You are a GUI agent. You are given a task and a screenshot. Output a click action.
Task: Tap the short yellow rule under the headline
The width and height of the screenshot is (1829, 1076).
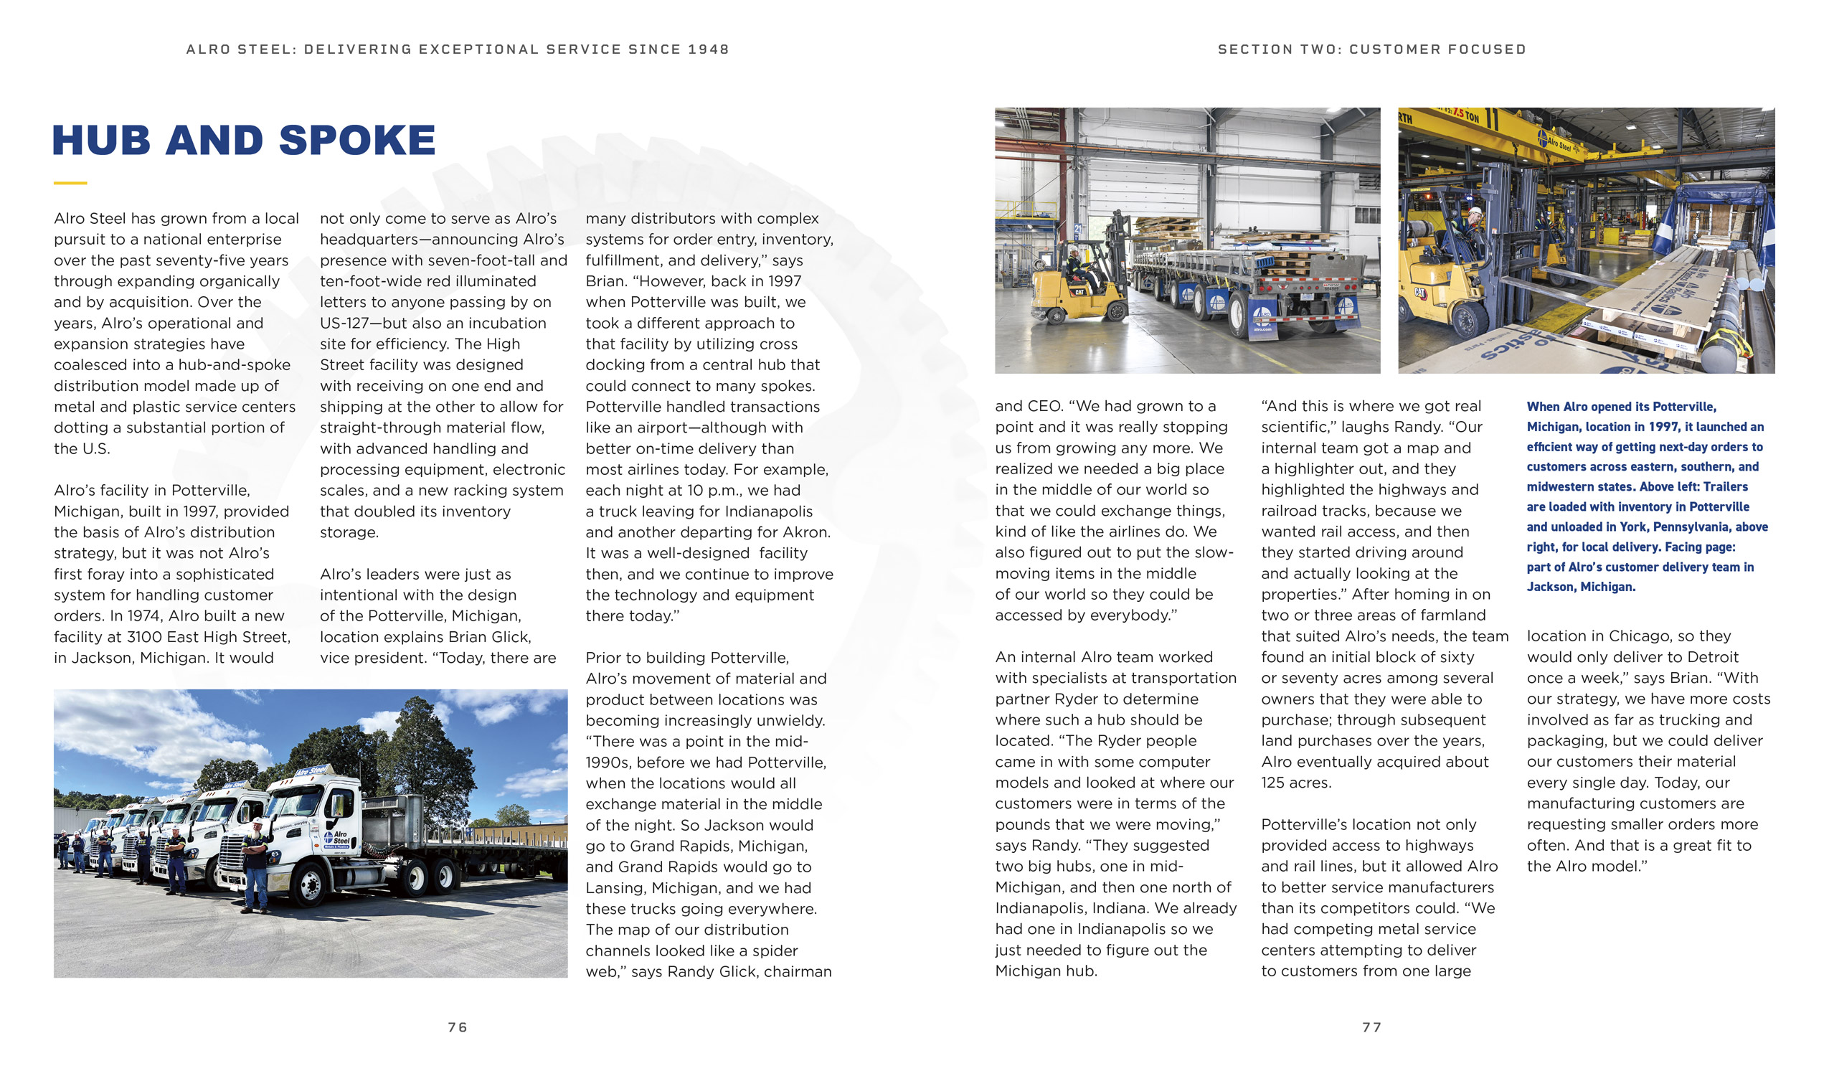click(x=70, y=183)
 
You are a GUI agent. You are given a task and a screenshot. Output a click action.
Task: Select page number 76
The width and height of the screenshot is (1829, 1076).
click(x=458, y=1027)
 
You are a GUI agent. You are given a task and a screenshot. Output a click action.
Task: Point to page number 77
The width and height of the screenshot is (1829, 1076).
click(x=1371, y=1027)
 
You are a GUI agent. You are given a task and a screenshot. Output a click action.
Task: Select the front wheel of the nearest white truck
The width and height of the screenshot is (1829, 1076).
click(x=311, y=885)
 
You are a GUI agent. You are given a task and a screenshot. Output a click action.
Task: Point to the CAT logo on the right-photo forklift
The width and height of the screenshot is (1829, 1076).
click(x=1419, y=293)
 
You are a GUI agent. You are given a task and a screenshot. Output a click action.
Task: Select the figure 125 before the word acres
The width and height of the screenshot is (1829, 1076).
click(x=1275, y=783)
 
